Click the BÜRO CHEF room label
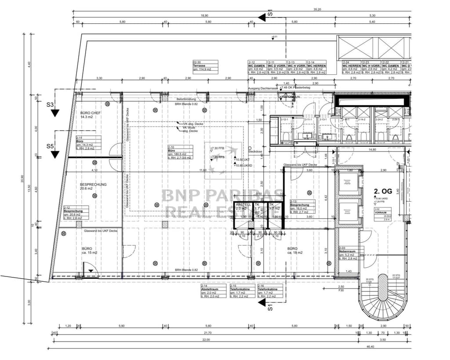pyautogui.click(x=91, y=115)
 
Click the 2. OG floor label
pyautogui.click(x=382, y=191)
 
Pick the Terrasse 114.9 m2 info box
pyautogui.click(x=205, y=66)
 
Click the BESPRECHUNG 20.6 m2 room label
pyautogui.click(x=93, y=186)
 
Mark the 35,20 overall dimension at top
pyautogui.click(x=317, y=9)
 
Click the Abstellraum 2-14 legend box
pyautogui.click(x=213, y=291)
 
